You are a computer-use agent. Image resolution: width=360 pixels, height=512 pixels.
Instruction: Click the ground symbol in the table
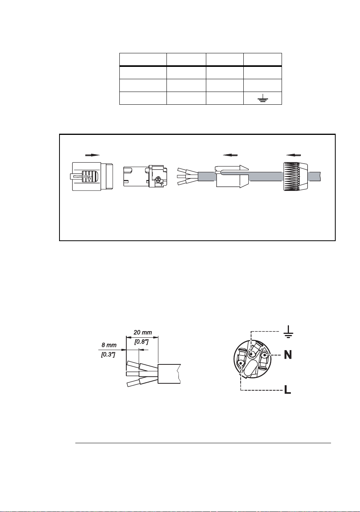[262, 98]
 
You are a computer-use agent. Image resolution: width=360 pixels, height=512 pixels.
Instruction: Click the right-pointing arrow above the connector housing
[93, 155]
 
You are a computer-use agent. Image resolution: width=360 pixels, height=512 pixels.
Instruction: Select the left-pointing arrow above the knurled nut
[294, 155]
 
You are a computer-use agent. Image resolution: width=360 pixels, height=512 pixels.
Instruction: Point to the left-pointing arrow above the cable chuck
[230, 155]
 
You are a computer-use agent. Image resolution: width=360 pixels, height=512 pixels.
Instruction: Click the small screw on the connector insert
[157, 180]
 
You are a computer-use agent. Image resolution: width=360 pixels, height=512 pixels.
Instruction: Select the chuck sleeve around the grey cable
[232, 177]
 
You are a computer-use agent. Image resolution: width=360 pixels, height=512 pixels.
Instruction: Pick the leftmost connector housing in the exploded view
[93, 177]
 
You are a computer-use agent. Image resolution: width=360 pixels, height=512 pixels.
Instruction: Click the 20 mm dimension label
[143, 332]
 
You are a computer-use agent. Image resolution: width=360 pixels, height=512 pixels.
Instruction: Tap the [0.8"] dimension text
[142, 342]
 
